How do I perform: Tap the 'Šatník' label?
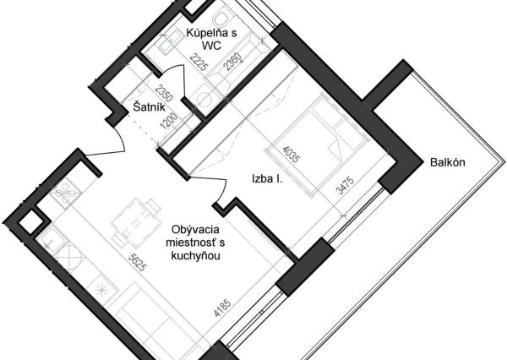[x=149, y=106]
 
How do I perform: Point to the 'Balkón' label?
[x=449, y=164]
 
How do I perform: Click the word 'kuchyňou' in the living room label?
[x=196, y=254]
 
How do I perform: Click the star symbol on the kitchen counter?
[x=101, y=291]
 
